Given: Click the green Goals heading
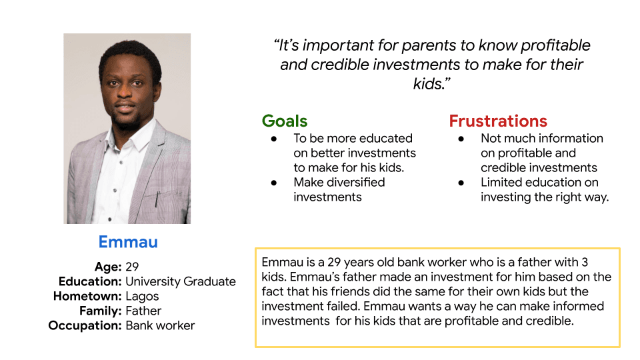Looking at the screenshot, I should point(285,121).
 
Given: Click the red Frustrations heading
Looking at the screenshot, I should point(498,121).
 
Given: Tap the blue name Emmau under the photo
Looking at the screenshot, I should point(128,241).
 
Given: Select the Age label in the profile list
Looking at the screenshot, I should point(108,267).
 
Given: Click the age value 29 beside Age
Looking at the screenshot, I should point(132,267).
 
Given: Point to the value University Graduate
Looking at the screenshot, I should point(181,281).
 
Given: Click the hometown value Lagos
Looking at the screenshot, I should point(142,296).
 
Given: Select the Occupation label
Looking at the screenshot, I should point(85,325).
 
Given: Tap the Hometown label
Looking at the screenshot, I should point(87,296).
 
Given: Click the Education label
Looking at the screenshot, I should point(90,281).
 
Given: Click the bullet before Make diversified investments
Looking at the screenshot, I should point(273,183).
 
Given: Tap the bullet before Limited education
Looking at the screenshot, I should point(461,183).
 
